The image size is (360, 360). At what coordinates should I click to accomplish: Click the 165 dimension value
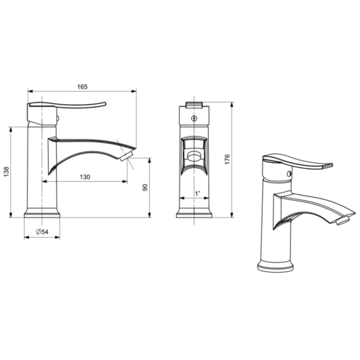[x=82, y=87]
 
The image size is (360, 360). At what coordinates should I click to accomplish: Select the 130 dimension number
[x=85, y=177]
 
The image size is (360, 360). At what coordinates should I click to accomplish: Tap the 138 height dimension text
[x=7, y=172]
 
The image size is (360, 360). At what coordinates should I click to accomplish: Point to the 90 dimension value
[x=145, y=187]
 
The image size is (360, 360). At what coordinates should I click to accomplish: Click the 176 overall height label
[x=227, y=159]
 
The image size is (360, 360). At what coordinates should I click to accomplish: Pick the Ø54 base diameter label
[x=42, y=232]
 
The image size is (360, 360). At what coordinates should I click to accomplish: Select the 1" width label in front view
[x=198, y=193]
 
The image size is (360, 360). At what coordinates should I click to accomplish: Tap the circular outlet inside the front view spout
[x=194, y=156]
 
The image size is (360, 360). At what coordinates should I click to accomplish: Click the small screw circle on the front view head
[x=193, y=119]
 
